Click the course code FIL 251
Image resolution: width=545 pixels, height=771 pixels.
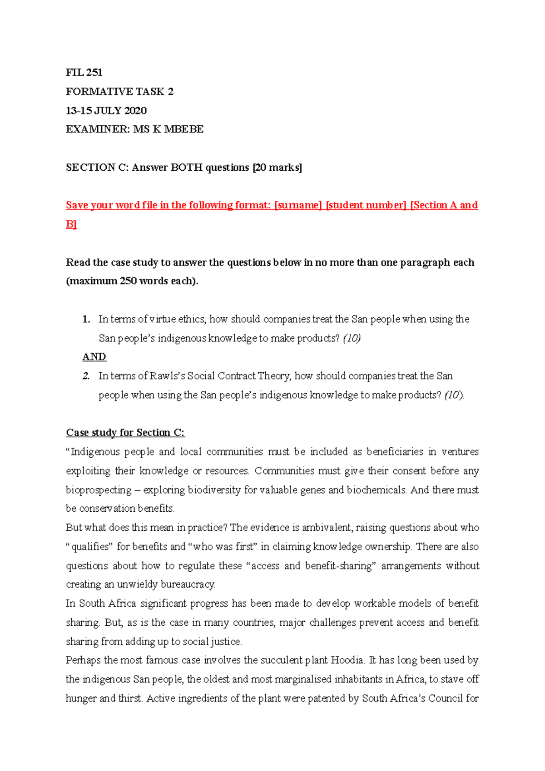point(84,73)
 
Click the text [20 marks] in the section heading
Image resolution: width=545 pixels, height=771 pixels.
point(277,168)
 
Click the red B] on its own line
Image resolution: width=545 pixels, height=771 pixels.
point(71,224)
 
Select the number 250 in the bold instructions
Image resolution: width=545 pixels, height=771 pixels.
point(128,281)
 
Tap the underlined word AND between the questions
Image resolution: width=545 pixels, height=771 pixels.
point(94,357)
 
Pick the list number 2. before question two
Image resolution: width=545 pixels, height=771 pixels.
point(86,376)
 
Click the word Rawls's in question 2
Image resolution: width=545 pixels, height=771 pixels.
point(167,376)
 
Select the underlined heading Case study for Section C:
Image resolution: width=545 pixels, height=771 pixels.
point(125,433)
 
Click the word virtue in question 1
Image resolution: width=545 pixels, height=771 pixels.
point(163,319)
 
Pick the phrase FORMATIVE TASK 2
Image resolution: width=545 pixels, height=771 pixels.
point(119,92)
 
